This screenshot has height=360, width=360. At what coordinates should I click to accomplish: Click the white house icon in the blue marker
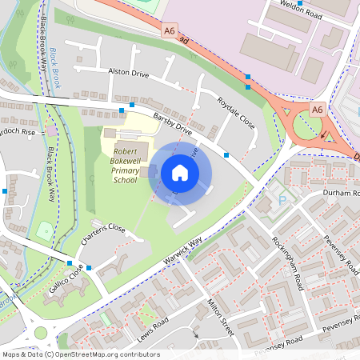point(180,173)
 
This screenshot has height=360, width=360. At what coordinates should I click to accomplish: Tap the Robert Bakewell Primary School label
point(125,166)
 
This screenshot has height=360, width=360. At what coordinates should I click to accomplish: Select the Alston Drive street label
point(129,72)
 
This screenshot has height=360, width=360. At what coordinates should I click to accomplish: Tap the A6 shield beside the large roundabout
point(317,110)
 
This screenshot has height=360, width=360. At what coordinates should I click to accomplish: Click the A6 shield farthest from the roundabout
point(169,31)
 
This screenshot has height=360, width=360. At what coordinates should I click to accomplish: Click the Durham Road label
point(340,194)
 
